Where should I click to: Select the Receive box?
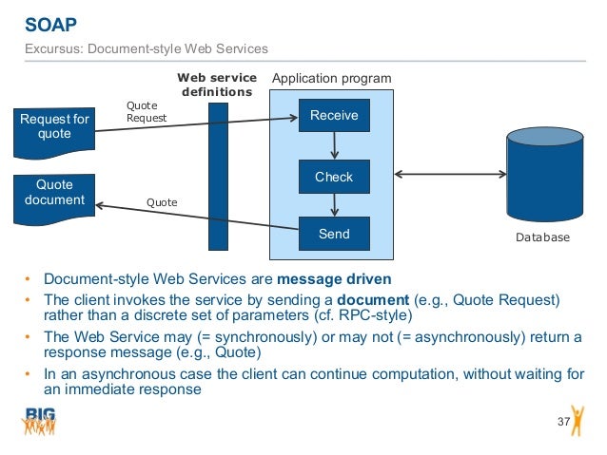coord(334,116)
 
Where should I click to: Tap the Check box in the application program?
coord(334,177)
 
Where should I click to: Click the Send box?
coord(334,234)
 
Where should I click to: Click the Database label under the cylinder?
coord(543,237)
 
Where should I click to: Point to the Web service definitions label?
coord(217,85)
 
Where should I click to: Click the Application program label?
coord(331,78)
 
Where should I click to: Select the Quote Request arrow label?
coord(147,112)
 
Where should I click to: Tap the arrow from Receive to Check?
coord(334,146)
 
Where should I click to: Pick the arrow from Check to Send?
coord(334,205)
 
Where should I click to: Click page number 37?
coord(561,421)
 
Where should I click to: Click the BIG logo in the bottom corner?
coord(40,421)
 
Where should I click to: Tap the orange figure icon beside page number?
coord(578,419)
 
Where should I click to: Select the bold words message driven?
coord(333,279)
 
